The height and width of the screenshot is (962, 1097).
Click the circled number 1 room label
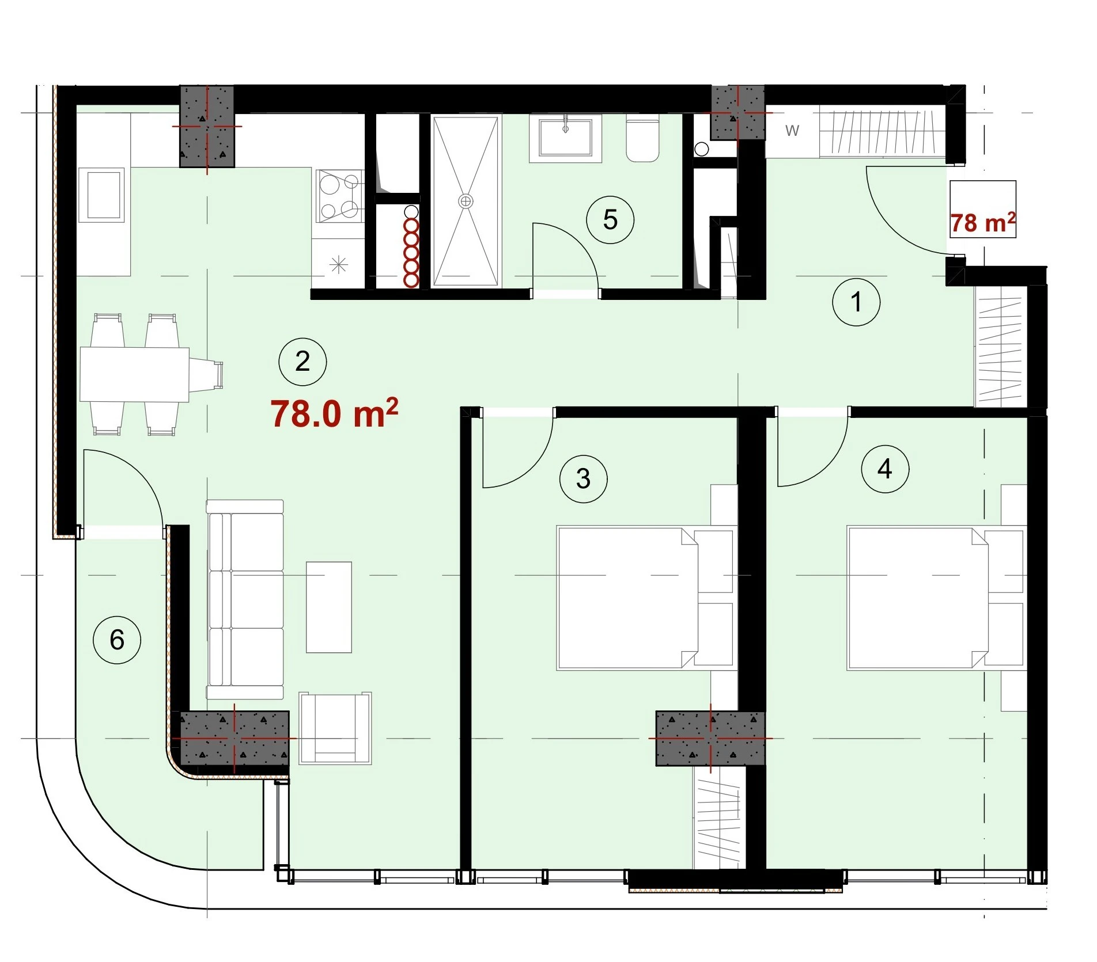click(856, 302)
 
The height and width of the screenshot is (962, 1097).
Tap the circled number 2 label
click(302, 362)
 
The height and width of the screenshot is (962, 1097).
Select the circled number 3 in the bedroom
click(583, 478)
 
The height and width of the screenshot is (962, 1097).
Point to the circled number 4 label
click(885, 469)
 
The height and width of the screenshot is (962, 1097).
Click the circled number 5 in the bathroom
click(610, 219)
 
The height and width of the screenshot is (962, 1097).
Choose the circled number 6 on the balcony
click(117, 640)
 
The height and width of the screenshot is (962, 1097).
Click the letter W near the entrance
click(792, 131)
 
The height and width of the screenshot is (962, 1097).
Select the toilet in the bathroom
click(642, 140)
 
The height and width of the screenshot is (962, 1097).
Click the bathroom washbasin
click(565, 138)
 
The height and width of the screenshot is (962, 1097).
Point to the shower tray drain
click(466, 201)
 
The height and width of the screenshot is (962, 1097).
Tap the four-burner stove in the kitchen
click(340, 196)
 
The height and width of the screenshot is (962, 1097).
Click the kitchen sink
click(102, 195)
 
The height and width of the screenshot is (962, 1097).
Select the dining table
click(135, 374)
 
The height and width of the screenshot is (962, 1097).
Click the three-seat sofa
click(245, 599)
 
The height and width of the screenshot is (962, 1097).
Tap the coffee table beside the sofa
click(329, 607)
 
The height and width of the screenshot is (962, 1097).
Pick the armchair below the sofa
click(335, 728)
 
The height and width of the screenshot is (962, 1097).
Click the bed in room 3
click(646, 598)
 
